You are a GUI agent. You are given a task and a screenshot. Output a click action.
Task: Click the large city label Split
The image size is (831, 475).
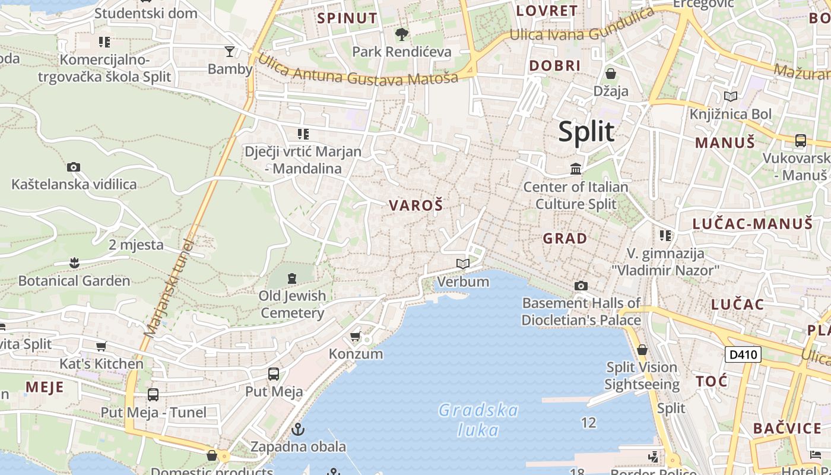(586, 131)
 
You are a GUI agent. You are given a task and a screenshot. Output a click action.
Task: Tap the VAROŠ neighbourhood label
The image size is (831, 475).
(415, 205)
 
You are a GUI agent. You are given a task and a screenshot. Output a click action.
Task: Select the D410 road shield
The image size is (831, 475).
(743, 355)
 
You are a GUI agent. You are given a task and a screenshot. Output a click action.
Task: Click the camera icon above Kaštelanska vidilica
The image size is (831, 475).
(74, 167)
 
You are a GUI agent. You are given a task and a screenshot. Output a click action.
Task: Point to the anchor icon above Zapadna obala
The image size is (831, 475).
(298, 428)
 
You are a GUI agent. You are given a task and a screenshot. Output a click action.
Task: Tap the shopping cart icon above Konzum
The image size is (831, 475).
(355, 337)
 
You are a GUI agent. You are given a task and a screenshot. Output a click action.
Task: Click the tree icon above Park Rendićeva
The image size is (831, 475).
(402, 34)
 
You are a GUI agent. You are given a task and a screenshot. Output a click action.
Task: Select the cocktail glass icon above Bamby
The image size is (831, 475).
(230, 51)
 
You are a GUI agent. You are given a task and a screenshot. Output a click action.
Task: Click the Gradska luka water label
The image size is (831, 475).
(478, 419)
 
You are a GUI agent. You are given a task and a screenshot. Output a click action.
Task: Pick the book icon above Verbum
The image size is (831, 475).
(462, 264)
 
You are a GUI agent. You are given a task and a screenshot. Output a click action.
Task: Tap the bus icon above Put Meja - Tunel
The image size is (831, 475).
(153, 395)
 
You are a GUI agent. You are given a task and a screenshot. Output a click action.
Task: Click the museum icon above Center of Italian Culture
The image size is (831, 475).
(575, 169)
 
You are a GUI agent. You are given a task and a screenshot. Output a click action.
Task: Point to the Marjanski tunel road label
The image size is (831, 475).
(170, 287)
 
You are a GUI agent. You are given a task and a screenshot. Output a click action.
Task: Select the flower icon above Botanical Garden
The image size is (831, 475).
(74, 262)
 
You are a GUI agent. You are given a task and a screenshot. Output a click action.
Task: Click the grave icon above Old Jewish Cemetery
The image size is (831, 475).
(292, 278)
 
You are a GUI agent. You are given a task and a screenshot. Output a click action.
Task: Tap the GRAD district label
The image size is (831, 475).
(565, 239)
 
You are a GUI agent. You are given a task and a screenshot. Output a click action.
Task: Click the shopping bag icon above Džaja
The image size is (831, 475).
(610, 74)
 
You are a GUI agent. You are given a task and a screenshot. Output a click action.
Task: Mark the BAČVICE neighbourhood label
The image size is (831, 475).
(787, 428)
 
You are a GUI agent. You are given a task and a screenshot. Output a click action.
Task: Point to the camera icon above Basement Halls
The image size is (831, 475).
(581, 286)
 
